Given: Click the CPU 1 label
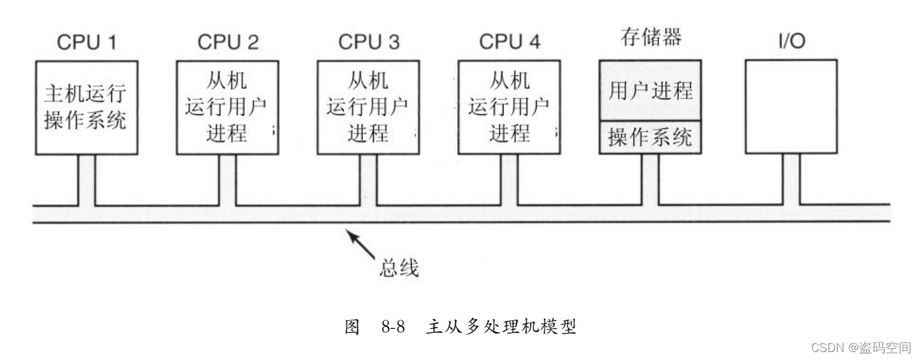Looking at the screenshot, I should (87, 42).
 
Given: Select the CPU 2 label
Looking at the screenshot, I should (228, 42).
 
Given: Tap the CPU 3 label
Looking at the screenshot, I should (369, 42).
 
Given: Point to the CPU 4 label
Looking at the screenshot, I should (509, 42).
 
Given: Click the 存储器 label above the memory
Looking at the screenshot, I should (651, 37).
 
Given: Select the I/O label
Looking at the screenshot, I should (791, 42).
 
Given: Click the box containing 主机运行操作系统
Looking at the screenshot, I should (87, 108).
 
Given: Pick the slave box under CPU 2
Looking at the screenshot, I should (228, 108).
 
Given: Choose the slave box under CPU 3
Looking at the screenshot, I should (369, 108).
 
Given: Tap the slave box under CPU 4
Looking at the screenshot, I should (509, 108).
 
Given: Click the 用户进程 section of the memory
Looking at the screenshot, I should (650, 91).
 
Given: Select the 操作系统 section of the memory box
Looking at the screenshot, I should (650, 138).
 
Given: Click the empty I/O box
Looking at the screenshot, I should (791, 107).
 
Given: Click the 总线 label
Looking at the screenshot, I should (399, 268).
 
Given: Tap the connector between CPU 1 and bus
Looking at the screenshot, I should (87, 179).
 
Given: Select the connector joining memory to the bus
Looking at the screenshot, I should (650, 179).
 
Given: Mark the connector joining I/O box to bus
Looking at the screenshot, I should (791, 179).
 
